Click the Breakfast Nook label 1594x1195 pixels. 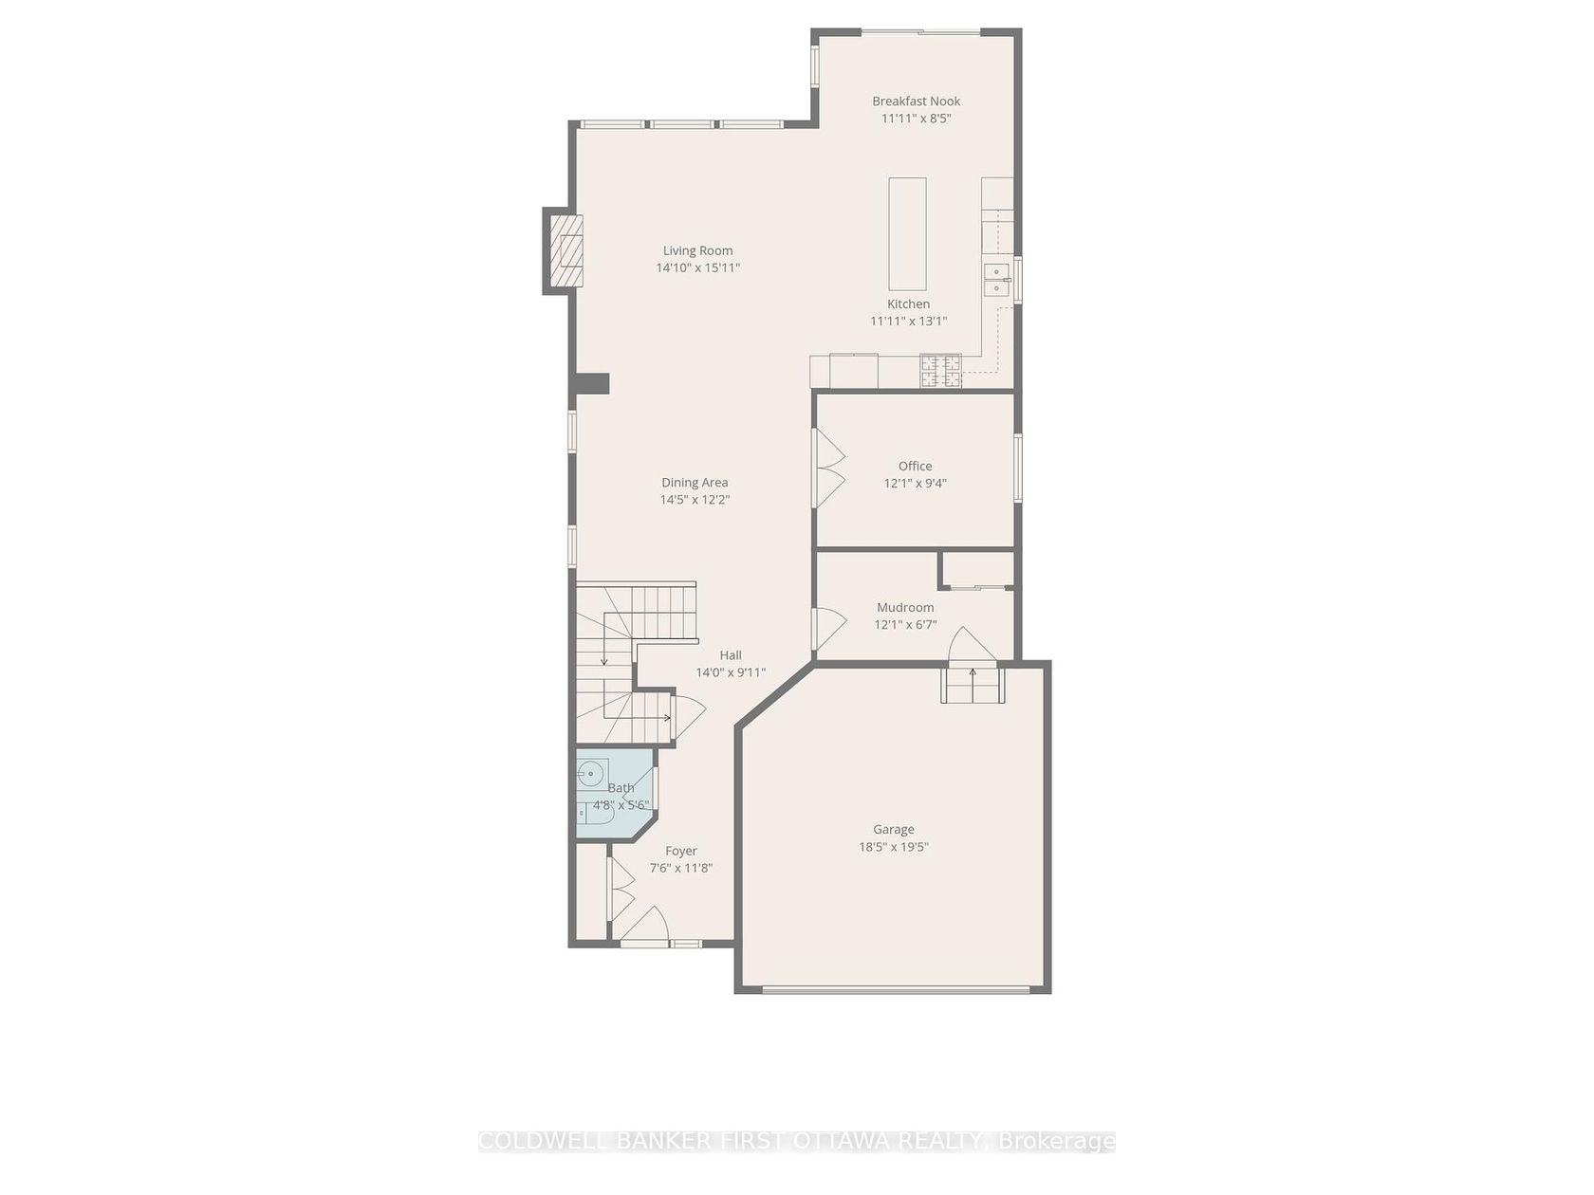(x=916, y=101)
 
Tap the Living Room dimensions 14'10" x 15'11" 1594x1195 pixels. (x=697, y=267)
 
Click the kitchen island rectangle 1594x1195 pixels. (x=907, y=233)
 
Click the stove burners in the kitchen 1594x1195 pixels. (x=940, y=372)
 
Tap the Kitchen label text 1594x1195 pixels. (x=908, y=304)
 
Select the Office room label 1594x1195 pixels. (x=915, y=466)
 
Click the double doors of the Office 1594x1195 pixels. (x=828, y=468)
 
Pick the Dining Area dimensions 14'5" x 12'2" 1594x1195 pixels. (x=695, y=500)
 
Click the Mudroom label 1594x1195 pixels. (x=905, y=607)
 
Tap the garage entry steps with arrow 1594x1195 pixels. (x=973, y=685)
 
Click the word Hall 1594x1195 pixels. (x=731, y=655)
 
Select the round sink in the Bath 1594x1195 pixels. (x=593, y=775)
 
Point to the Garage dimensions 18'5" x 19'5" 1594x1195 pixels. (x=893, y=847)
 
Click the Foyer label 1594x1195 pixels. (x=680, y=851)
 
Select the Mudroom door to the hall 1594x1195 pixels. (x=829, y=629)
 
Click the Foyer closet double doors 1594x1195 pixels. (x=621, y=898)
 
